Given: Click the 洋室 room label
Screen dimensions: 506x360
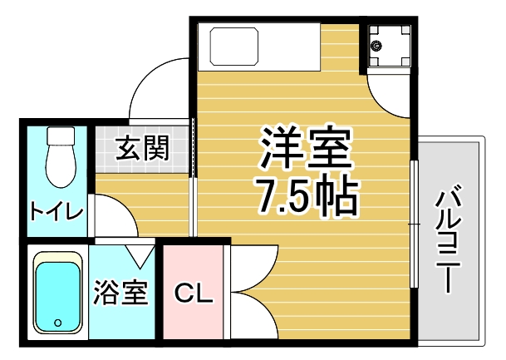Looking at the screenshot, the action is [x=305, y=147].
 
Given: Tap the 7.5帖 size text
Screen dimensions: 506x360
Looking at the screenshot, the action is [x=307, y=195].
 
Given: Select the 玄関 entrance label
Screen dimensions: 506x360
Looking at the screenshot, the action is [x=143, y=148].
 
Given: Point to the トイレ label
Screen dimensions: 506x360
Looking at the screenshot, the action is [x=56, y=211].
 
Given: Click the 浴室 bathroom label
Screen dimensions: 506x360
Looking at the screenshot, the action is [x=120, y=293].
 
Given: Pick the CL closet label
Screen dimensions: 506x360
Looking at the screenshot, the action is [x=194, y=293].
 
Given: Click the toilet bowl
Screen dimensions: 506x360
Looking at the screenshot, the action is [x=61, y=166].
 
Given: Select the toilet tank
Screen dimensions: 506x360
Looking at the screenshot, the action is [x=61, y=136].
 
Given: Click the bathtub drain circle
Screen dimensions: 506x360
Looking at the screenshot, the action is [x=58, y=323].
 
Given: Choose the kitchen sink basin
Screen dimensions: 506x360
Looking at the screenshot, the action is [x=234, y=47].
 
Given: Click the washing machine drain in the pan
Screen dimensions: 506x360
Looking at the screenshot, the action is [x=376, y=46].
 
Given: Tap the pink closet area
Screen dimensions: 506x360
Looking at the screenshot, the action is [x=193, y=292].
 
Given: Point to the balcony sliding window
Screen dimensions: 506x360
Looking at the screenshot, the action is [x=414, y=224].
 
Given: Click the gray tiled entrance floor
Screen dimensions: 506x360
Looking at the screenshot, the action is [x=142, y=149].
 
